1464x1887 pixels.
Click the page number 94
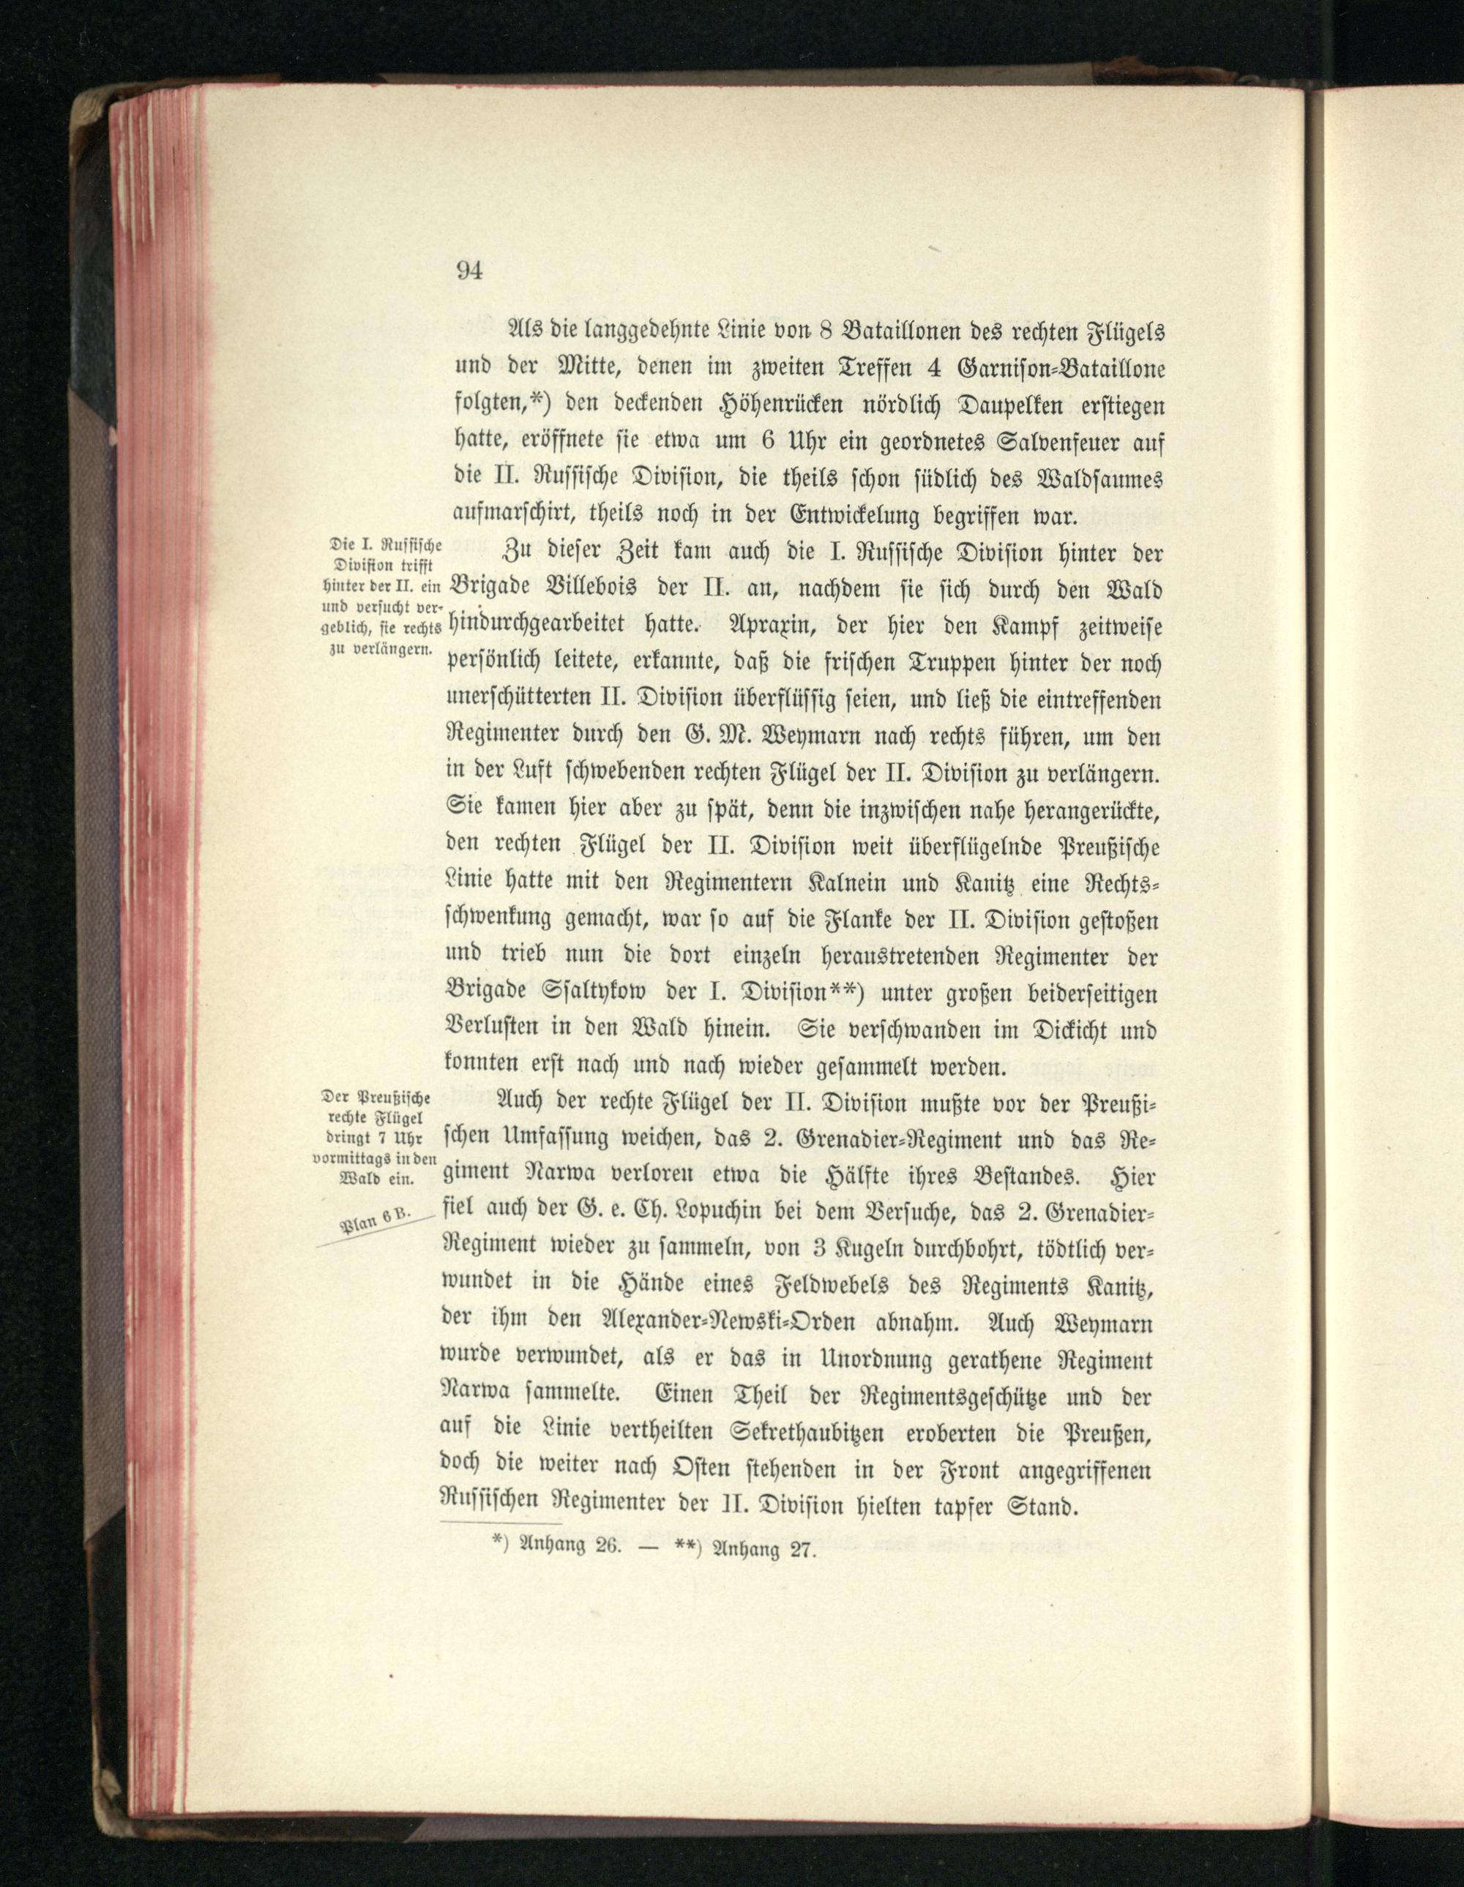[x=468, y=271]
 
